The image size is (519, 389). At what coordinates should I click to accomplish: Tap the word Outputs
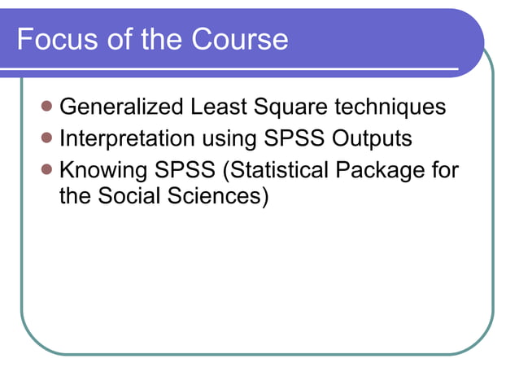coord(373,139)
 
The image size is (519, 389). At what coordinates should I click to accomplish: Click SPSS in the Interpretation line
coord(295,139)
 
